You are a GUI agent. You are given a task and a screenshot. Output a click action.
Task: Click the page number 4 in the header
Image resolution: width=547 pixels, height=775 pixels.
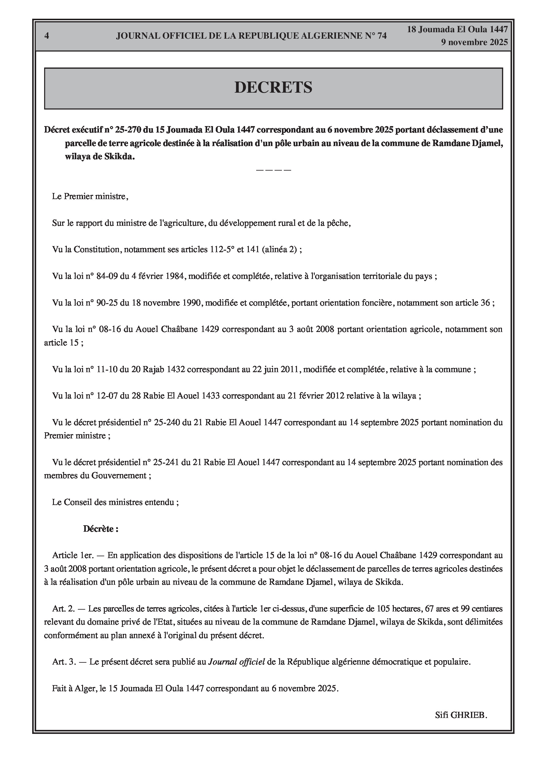coord(47,36)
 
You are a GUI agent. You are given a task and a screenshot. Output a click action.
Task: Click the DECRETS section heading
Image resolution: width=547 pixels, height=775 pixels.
coord(273,87)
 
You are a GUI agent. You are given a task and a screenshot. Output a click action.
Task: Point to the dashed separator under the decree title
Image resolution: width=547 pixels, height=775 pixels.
coord(273,170)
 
